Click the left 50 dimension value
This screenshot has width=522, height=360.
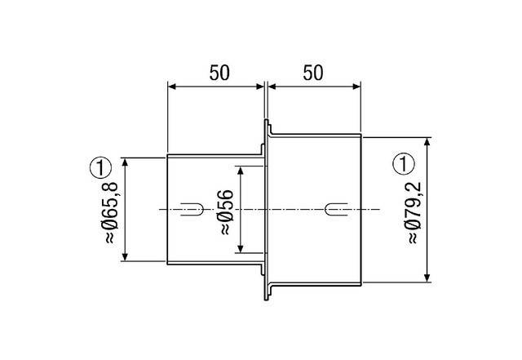[x=218, y=72]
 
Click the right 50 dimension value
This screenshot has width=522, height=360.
[x=312, y=72]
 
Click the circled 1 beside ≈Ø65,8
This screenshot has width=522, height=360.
[x=99, y=169]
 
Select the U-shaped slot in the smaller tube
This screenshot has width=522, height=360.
[x=189, y=209]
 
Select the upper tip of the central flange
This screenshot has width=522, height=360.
[x=267, y=122]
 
